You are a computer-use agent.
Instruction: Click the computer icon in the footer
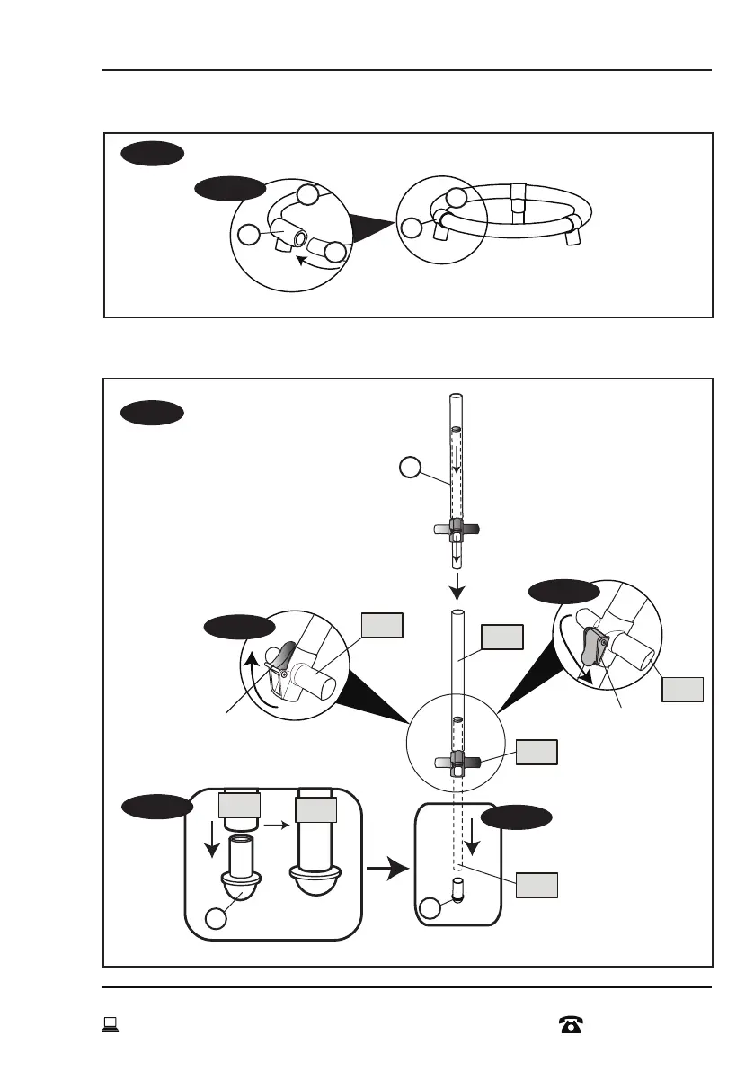[111, 1023]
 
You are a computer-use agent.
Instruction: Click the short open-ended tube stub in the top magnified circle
[322, 245]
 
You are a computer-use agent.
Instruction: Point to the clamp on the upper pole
[457, 531]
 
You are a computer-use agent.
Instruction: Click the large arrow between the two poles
[457, 588]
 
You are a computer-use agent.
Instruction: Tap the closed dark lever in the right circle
[590, 646]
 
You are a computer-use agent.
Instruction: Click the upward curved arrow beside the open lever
[256, 670]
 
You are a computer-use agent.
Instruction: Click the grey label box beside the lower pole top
[501, 638]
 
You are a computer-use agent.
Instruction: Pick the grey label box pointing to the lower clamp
[536, 753]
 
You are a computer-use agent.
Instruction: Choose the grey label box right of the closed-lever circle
[682, 689]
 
